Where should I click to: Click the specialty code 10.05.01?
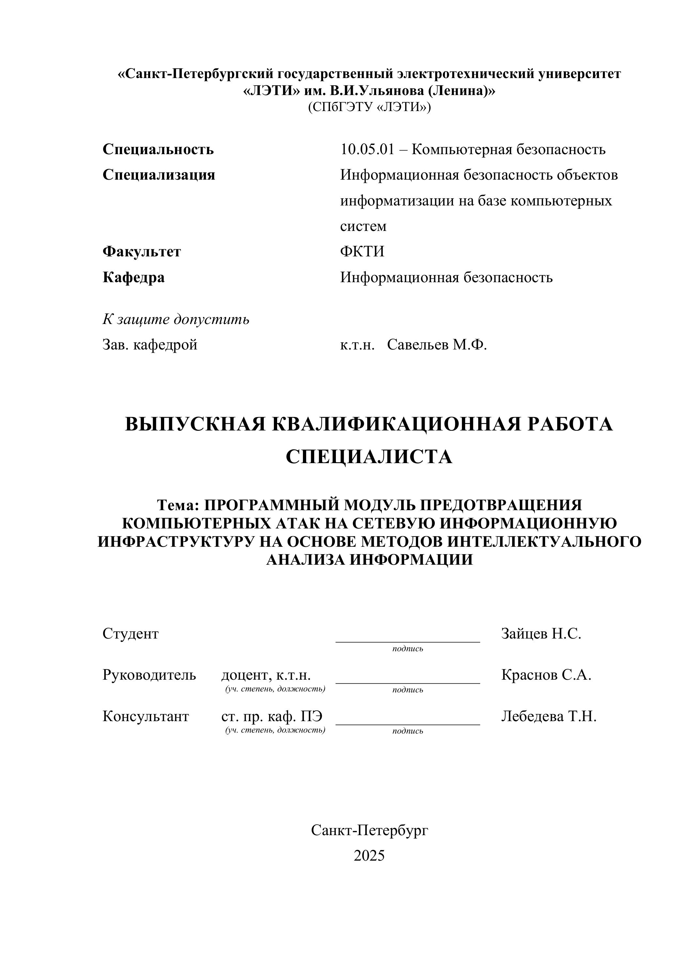(x=367, y=149)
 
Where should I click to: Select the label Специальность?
(x=158, y=149)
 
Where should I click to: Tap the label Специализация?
(x=159, y=175)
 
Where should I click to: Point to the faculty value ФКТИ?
(x=362, y=251)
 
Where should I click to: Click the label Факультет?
(x=142, y=251)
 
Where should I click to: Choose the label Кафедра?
(x=133, y=277)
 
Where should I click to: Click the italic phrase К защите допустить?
(x=176, y=319)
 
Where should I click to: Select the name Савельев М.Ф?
(x=437, y=345)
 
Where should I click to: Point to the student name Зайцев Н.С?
(x=541, y=634)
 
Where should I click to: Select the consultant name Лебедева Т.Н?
(x=549, y=716)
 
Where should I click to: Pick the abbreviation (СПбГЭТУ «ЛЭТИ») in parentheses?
(x=369, y=107)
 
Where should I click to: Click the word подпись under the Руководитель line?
(x=407, y=690)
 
